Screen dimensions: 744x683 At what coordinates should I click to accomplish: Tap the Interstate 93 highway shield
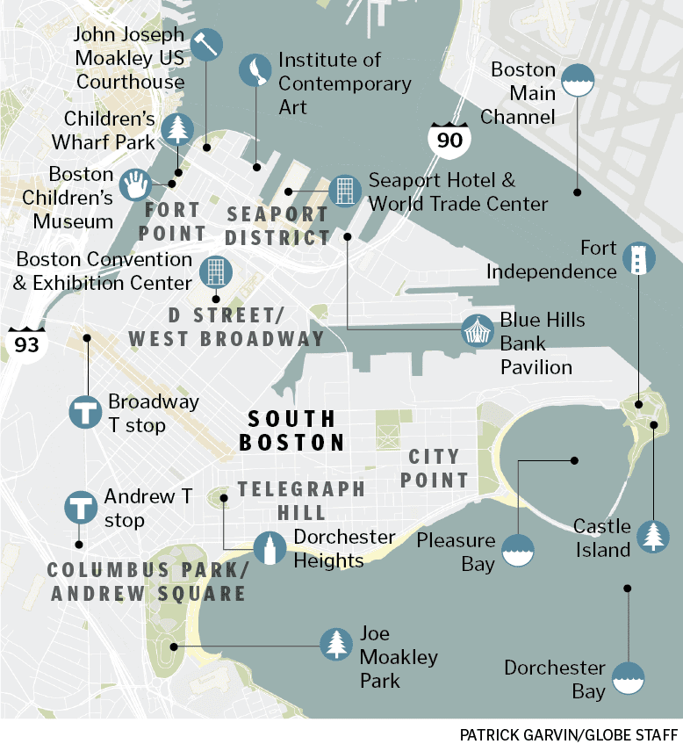tap(26, 343)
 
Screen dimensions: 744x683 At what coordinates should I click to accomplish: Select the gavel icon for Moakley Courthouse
tap(205, 44)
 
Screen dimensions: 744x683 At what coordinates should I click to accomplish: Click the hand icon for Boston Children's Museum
tap(135, 184)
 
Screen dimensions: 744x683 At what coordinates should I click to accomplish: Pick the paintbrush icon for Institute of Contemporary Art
tap(255, 69)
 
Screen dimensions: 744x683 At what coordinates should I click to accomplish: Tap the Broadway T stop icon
tap(86, 411)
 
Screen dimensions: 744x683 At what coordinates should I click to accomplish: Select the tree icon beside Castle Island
tap(652, 535)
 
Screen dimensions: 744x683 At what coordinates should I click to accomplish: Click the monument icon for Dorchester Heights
tap(270, 547)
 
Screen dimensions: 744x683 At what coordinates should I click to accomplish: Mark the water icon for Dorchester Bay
tap(629, 680)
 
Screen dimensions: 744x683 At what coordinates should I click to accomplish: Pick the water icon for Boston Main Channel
tap(579, 81)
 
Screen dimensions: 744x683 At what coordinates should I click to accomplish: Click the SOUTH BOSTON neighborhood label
tap(291, 430)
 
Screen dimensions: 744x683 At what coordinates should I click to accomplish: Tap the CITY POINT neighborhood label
tap(437, 468)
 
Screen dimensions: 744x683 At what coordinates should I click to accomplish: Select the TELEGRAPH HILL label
tap(302, 500)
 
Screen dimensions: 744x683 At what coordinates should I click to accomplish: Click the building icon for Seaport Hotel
tap(345, 189)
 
